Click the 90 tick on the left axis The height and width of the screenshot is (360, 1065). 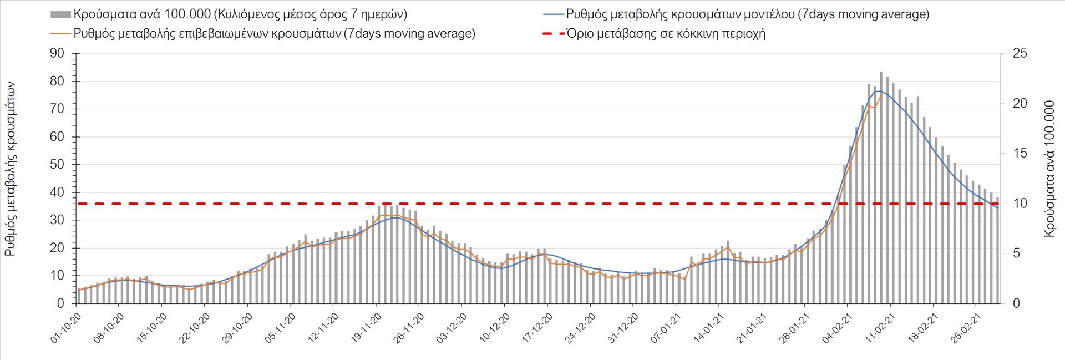coord(57,53)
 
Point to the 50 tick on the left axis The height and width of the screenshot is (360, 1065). coord(57,164)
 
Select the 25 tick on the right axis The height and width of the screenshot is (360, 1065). coord(1020,53)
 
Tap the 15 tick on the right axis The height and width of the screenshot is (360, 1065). coord(1020,153)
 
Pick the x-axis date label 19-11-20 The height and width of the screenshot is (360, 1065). coord(367,327)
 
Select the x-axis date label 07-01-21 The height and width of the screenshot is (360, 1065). coord(666,327)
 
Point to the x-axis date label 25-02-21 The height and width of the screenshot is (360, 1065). coord(966,327)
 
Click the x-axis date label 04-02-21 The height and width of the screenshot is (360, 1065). coord(838,327)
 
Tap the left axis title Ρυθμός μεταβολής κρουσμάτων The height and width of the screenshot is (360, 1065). coord(10,169)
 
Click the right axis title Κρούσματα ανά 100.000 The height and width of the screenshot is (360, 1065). coord(1049,169)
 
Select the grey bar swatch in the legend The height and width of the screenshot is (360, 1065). coord(60,14)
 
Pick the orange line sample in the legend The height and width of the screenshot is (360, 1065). coord(60,34)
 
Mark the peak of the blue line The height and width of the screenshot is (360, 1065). coord(879,91)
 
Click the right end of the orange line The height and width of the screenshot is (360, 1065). coord(881,94)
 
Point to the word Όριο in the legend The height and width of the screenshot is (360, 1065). coord(580,34)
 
